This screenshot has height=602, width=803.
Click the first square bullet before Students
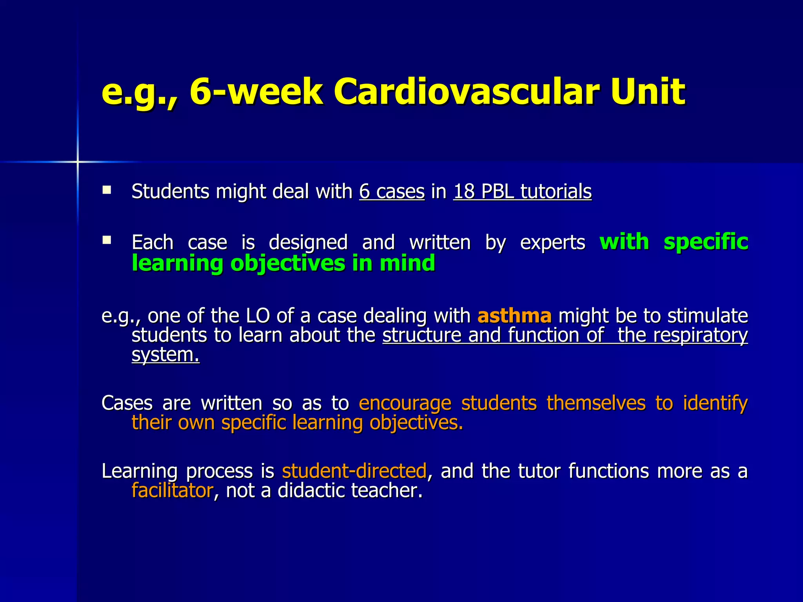click(x=106, y=190)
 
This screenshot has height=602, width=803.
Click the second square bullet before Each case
click(x=106, y=240)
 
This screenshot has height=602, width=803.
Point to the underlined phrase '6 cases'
click(x=392, y=192)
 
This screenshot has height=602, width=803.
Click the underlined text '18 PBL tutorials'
click(x=522, y=192)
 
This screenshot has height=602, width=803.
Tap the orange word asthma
click(x=514, y=316)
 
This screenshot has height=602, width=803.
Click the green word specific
click(x=706, y=241)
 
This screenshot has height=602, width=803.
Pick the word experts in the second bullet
click(x=552, y=242)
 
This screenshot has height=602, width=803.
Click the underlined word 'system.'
click(x=165, y=355)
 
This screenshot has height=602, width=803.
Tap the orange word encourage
click(x=405, y=404)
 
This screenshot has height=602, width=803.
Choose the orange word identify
click(x=715, y=404)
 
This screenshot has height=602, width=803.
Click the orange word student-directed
click(x=354, y=471)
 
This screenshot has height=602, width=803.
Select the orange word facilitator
click(x=172, y=491)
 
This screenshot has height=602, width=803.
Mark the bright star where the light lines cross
click(x=78, y=161)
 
